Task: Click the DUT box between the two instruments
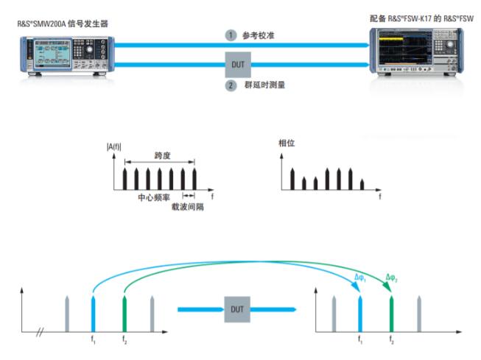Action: point(238,64)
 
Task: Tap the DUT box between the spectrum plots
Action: point(237,309)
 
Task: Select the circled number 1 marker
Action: point(231,35)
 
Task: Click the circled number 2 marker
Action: point(231,85)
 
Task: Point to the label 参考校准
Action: point(259,35)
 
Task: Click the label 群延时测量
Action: point(264,85)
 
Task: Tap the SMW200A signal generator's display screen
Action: point(52,53)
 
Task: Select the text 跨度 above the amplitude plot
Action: point(162,155)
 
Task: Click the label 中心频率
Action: point(154,197)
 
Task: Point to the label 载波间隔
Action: point(187,207)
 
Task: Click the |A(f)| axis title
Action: point(114,147)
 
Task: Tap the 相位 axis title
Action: point(287,143)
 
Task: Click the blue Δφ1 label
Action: point(360,278)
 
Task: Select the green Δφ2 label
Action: point(391,278)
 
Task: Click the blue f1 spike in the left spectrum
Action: point(94,314)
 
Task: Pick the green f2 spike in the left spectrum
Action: point(124,314)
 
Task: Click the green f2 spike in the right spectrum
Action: point(391,314)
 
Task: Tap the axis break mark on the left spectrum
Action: point(40,332)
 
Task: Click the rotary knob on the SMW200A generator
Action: point(89,49)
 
